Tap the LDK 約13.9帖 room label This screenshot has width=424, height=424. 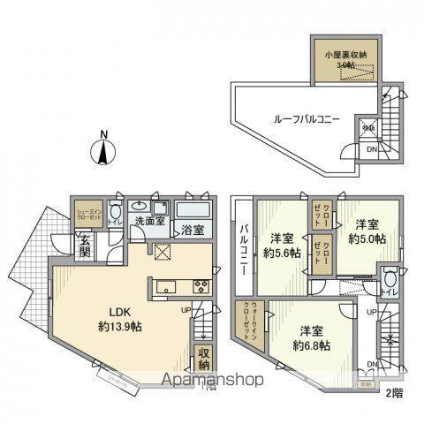(x=120, y=318)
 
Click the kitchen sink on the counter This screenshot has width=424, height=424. (x=166, y=286)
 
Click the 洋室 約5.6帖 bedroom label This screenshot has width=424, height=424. (x=282, y=244)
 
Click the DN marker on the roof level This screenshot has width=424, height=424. (x=371, y=150)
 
